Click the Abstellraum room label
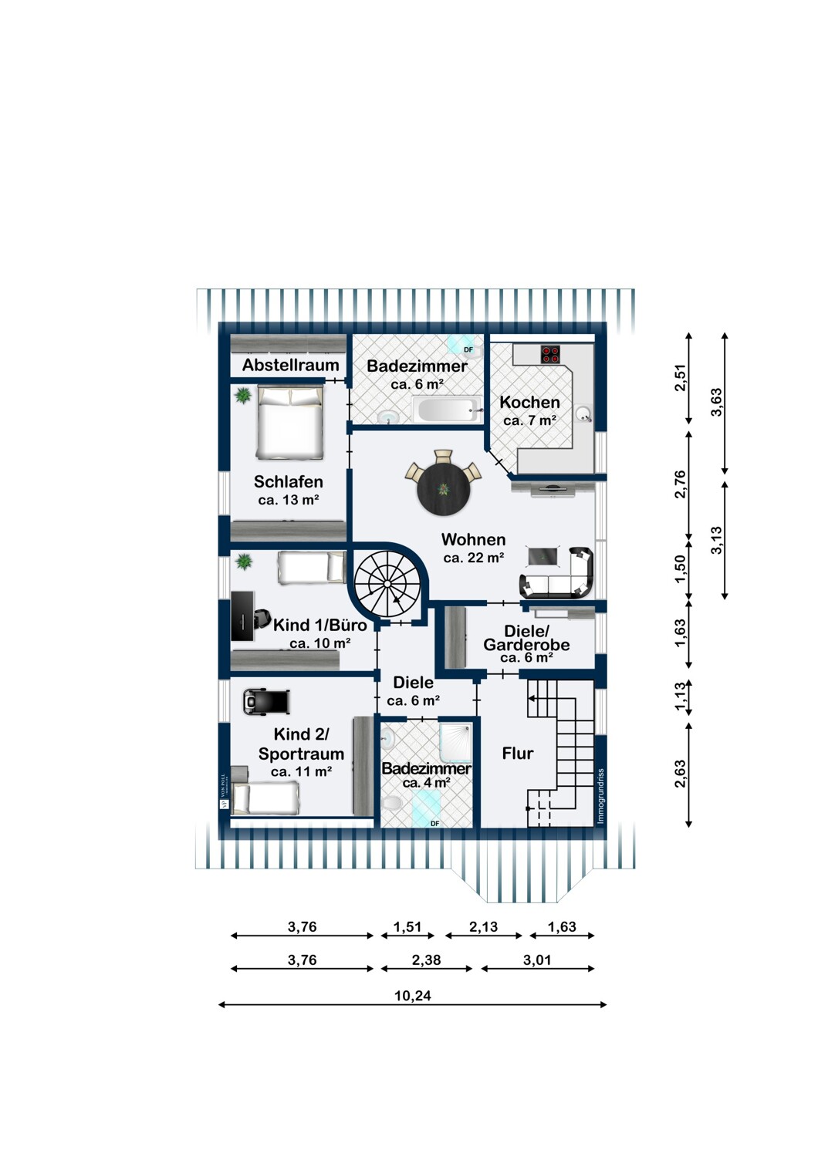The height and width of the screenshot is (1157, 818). tap(290, 366)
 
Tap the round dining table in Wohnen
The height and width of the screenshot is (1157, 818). tap(444, 488)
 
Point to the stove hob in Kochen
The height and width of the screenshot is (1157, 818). tap(550, 354)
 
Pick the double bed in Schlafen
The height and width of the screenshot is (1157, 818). tap(289, 423)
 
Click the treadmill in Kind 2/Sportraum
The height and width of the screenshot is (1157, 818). tap(266, 701)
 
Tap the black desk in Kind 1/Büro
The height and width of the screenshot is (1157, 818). tap(242, 616)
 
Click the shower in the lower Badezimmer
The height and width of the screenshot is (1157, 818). tap(455, 743)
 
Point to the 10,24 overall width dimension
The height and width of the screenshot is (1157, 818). tap(412, 996)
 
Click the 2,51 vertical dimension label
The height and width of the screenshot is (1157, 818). tap(681, 377)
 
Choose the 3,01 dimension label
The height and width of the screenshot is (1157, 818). tap(537, 960)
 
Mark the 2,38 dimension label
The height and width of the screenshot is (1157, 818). tap(426, 960)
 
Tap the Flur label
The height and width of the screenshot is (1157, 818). tap(517, 754)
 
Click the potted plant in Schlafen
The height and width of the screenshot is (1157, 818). tap(243, 396)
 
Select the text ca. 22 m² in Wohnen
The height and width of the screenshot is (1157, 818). tap(474, 558)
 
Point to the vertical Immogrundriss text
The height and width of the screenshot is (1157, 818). tap(601, 796)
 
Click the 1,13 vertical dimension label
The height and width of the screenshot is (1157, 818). tap(681, 697)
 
